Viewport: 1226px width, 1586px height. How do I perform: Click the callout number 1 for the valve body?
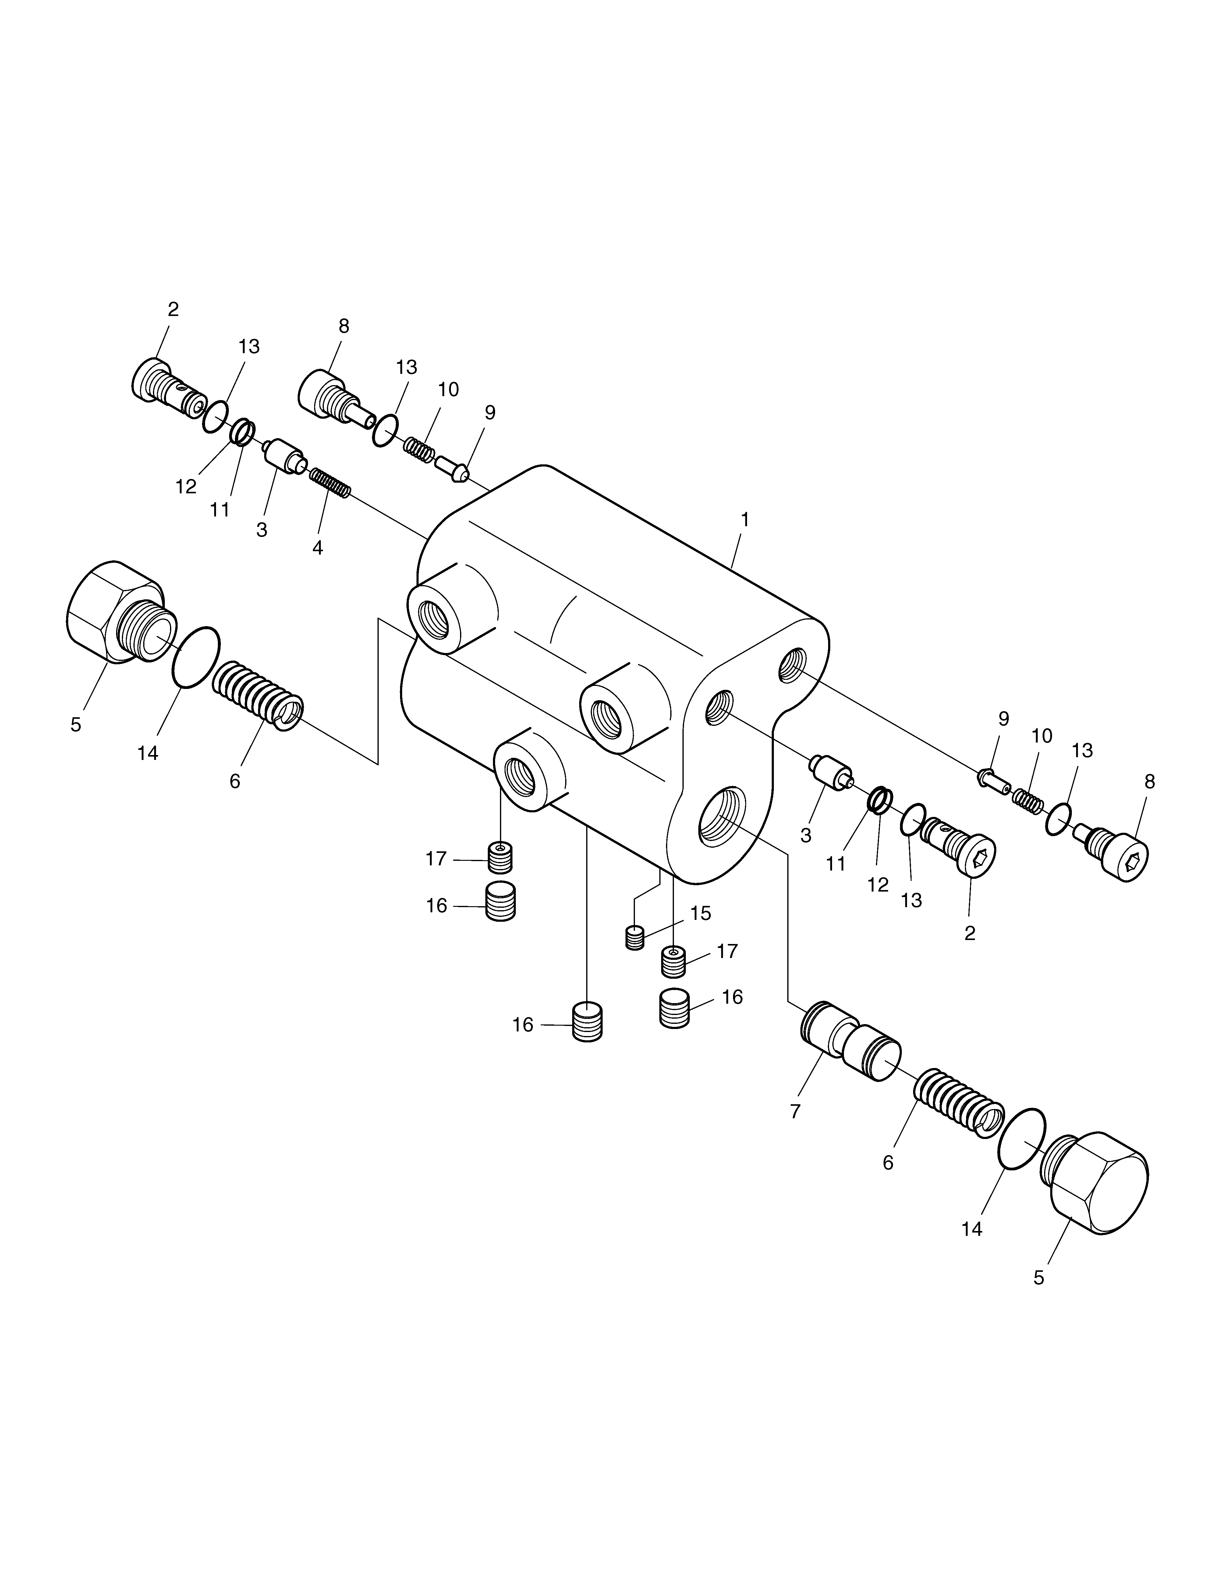click(744, 520)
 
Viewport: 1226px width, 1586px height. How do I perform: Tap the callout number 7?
click(795, 1111)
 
